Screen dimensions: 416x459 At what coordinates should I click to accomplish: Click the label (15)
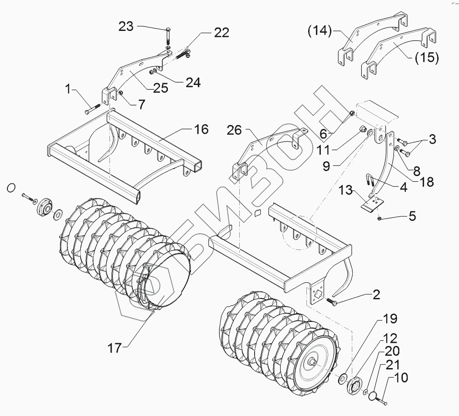pyautogui.click(x=426, y=58)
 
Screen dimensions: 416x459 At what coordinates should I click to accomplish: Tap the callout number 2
pyautogui.click(x=375, y=295)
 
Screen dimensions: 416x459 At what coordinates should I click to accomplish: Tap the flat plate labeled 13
pyautogui.click(x=369, y=203)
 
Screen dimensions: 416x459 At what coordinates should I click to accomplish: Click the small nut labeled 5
pyautogui.click(x=380, y=217)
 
